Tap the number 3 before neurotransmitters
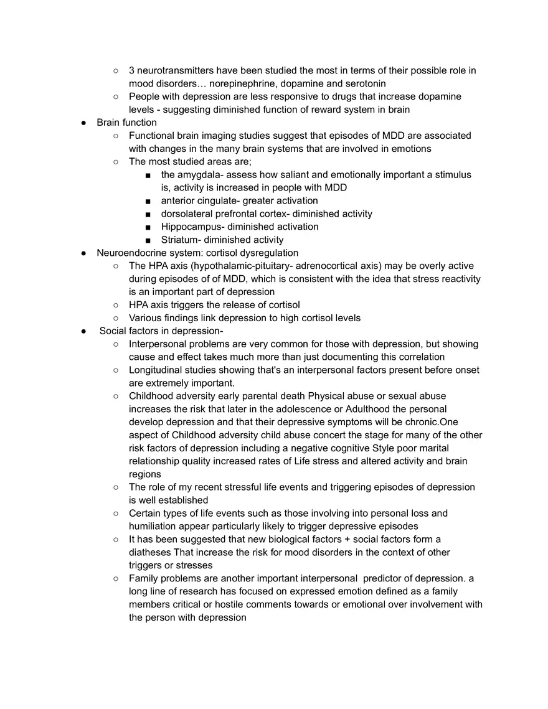[132, 70]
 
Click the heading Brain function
[126, 123]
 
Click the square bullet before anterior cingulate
[148, 201]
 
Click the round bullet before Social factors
[83, 331]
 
